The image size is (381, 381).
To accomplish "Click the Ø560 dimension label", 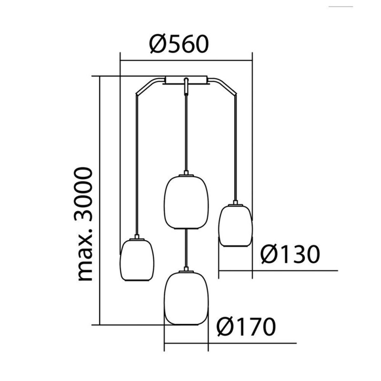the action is pyautogui.click(x=179, y=44).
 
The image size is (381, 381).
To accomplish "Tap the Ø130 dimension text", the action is pyautogui.click(x=290, y=254).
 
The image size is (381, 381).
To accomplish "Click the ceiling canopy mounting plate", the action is pyautogui.click(x=186, y=80).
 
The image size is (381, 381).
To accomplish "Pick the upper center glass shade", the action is pyautogui.click(x=186, y=202).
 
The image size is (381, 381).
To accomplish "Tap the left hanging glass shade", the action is pyautogui.click(x=137, y=260).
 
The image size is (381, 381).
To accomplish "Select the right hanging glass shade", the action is pyautogui.click(x=235, y=226).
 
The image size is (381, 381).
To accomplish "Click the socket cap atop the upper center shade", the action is pyautogui.click(x=186, y=173).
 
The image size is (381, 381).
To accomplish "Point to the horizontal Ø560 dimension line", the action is pyautogui.click(x=186, y=61).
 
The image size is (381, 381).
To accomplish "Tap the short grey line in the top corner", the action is pyautogui.click(x=341, y=7).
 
